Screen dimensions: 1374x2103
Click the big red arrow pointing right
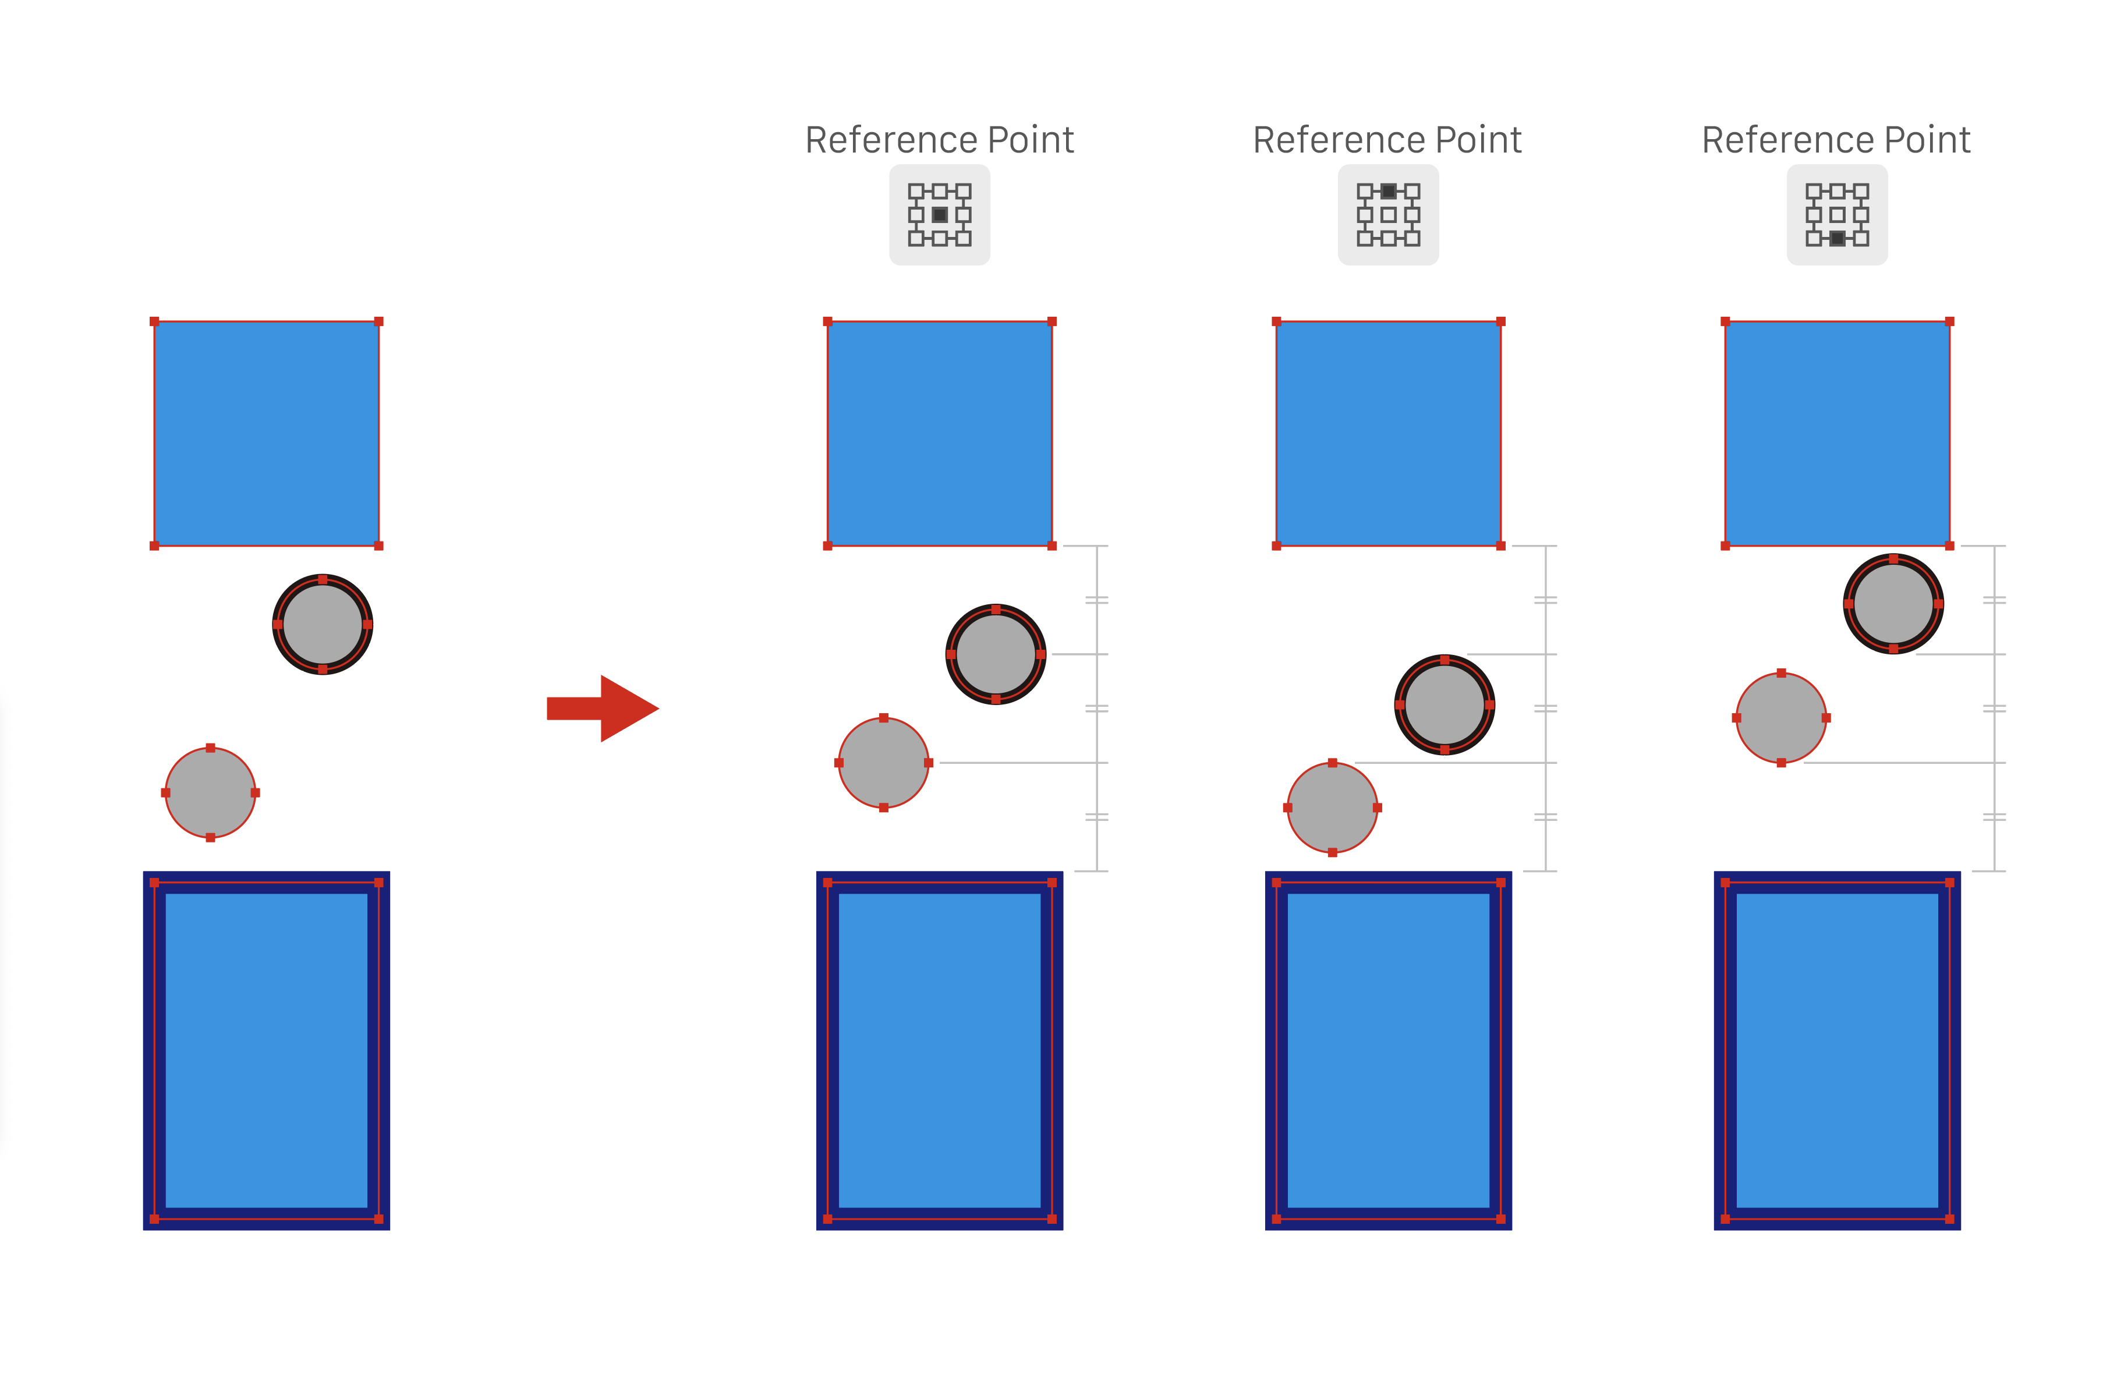[604, 709]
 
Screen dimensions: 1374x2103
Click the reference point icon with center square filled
[939, 215]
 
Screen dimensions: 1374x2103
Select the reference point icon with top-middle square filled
[1388, 215]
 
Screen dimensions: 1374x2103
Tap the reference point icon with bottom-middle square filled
[1837, 215]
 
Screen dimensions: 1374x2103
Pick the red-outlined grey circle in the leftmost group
[210, 792]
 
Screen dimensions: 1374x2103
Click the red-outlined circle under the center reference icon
[884, 763]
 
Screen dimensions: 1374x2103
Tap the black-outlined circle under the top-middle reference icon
[1445, 705]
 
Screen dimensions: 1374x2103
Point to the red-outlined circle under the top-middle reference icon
[1333, 808]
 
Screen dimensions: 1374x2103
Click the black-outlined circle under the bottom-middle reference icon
[1893, 604]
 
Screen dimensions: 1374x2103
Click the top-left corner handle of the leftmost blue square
[155, 321]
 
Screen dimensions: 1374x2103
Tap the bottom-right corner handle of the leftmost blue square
[379, 546]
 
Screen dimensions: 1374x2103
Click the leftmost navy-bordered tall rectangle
[267, 1051]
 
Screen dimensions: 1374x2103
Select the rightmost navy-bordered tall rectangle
[1837, 1051]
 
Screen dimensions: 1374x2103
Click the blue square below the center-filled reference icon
[939, 434]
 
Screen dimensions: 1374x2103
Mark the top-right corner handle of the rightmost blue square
[1950, 321]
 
